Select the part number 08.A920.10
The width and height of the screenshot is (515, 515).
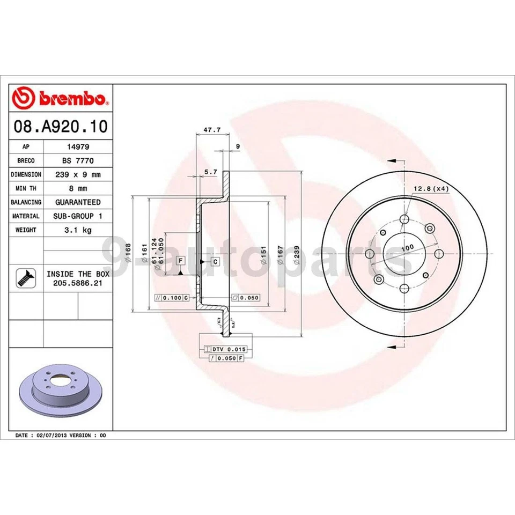pos(60,127)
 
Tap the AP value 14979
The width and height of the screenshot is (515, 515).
pos(78,146)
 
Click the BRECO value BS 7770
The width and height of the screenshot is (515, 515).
pos(78,160)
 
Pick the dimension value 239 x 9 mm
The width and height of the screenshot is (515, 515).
pos(78,174)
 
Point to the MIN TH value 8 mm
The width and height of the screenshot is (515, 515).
pos(78,188)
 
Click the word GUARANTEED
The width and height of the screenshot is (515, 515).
pos(78,202)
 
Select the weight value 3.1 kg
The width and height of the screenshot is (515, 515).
pos(78,230)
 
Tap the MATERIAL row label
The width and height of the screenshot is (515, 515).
pos(26,216)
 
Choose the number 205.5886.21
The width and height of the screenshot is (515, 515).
pos(78,282)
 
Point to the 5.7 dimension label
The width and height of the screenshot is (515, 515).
pos(211,172)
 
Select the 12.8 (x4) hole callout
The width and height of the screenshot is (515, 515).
pos(430,188)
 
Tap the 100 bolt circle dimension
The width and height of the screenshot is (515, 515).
pos(408,247)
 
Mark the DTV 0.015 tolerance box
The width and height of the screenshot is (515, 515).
pos(222,349)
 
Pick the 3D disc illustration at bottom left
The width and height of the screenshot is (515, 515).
pos(61,389)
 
